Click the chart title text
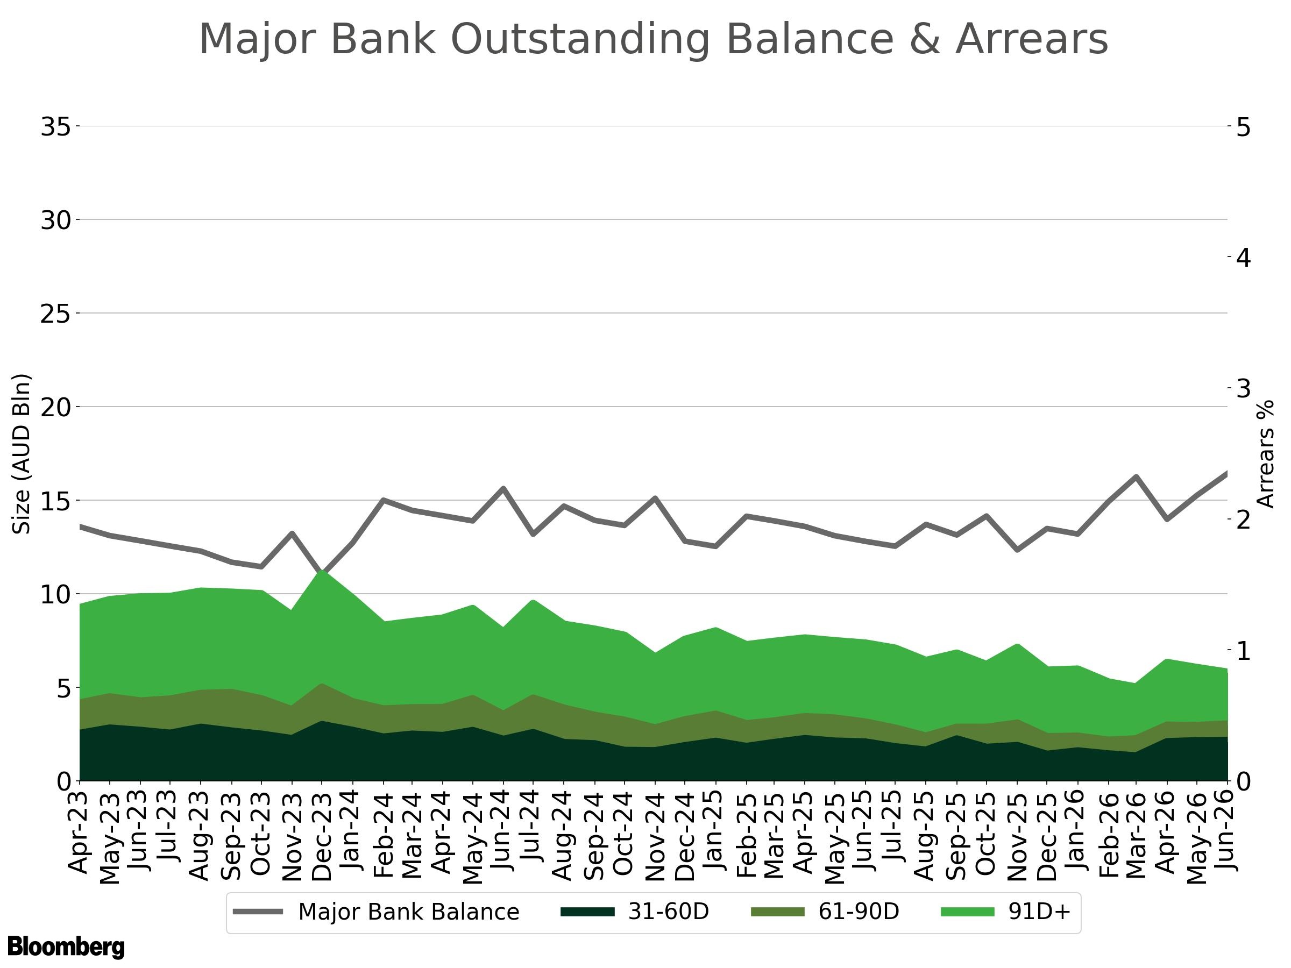653,40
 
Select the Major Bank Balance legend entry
376,912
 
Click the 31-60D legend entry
635,912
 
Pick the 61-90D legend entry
825,912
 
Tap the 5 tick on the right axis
1244,128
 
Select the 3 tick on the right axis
1244,389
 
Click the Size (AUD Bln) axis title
22,453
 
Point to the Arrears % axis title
1265,453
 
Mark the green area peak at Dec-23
322,570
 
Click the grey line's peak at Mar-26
1136,476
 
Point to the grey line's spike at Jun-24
503,488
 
